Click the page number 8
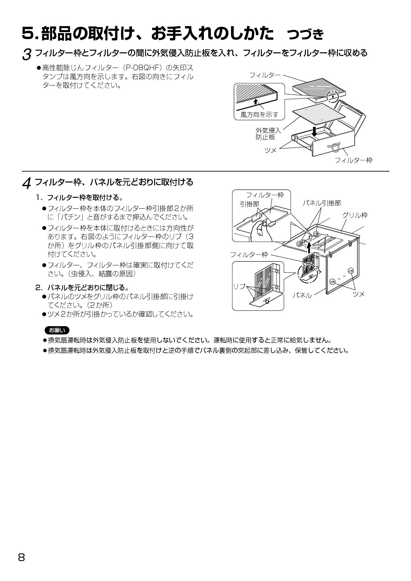(x=22, y=557)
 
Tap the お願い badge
(x=57, y=330)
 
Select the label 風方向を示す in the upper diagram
(x=259, y=115)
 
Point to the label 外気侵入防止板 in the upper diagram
(x=268, y=134)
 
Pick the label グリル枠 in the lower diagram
(x=355, y=215)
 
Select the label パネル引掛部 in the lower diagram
(x=322, y=203)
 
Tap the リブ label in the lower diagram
(x=239, y=287)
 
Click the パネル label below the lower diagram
(x=302, y=295)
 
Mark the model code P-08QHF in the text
(x=142, y=68)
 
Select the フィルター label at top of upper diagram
(x=265, y=75)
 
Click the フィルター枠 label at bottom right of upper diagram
(x=353, y=160)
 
